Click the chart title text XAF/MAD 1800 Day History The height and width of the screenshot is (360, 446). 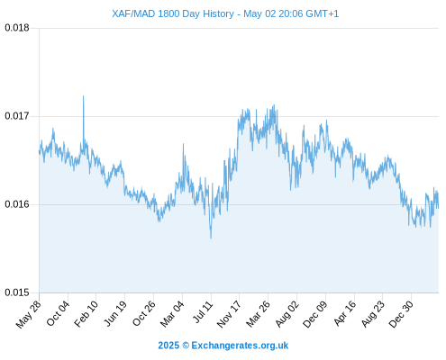173,13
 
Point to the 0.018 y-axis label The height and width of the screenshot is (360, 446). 17,28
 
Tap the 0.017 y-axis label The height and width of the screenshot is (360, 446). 17,116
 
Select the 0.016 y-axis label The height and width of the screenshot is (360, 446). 17,204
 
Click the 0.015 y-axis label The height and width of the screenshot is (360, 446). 17,292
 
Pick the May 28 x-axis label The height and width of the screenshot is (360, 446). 29,314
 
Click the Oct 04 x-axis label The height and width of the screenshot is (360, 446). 58,313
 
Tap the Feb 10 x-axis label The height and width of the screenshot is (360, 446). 86,314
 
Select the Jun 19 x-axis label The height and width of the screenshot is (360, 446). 115,313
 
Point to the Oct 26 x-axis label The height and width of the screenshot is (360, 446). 144,313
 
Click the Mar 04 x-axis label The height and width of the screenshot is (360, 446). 172,314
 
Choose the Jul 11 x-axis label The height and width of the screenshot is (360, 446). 203,312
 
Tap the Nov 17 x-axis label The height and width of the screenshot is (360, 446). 229,314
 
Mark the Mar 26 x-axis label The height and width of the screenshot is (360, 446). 258,314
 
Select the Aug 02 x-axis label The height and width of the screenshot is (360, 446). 287,314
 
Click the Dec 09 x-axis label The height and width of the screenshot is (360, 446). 315,314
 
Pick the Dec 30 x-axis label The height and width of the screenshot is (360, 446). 401,314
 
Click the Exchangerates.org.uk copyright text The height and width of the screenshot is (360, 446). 223,346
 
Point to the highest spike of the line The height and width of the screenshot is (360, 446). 83,96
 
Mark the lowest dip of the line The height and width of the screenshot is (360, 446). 211,238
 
